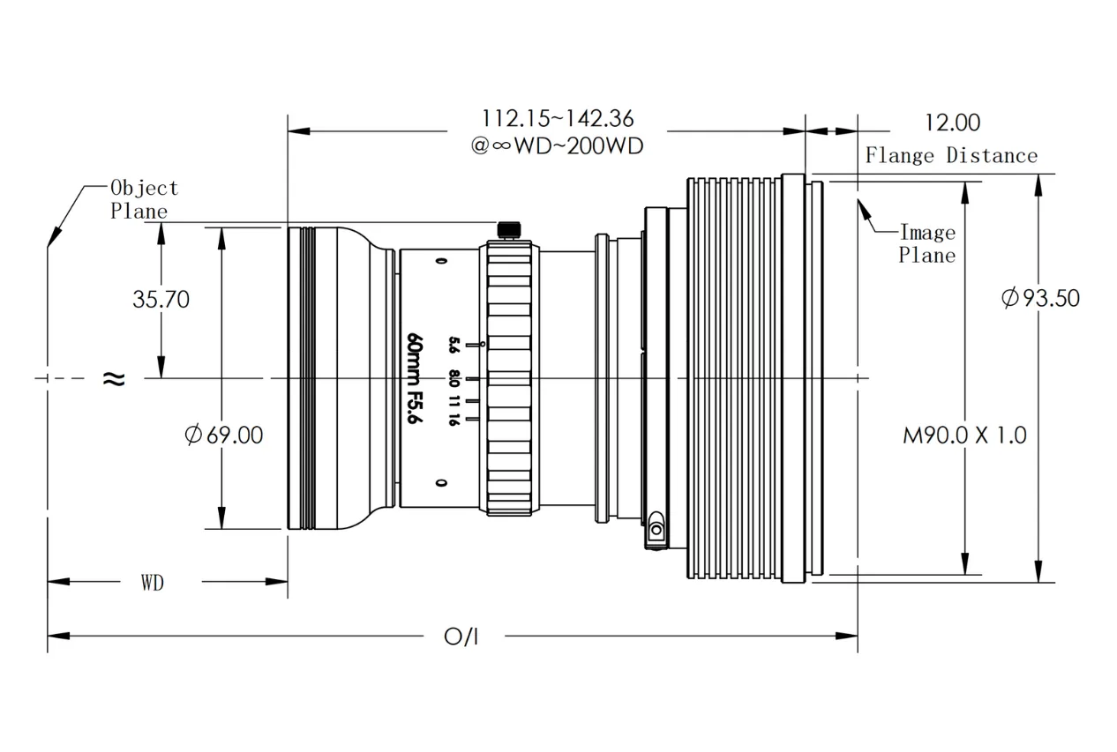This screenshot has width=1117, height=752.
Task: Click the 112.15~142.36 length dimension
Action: tap(558, 118)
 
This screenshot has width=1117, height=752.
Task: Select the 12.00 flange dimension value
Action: tap(950, 122)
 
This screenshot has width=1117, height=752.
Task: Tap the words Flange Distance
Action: tap(950, 156)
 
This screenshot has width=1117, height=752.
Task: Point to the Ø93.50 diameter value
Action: tap(1040, 298)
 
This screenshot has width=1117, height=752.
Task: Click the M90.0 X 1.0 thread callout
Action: tap(964, 435)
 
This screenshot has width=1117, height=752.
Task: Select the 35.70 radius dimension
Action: tap(161, 300)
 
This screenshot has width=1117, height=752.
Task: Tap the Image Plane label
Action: tap(926, 244)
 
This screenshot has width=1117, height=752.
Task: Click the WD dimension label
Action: tap(152, 583)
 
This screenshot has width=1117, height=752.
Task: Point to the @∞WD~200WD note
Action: tap(557, 145)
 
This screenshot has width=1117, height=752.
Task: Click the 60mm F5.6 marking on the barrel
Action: tap(411, 380)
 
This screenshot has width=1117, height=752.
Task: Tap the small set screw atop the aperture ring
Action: tap(507, 230)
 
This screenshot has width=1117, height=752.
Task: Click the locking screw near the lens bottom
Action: tap(656, 530)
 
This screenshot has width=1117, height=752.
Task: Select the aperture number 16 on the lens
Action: tap(453, 420)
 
